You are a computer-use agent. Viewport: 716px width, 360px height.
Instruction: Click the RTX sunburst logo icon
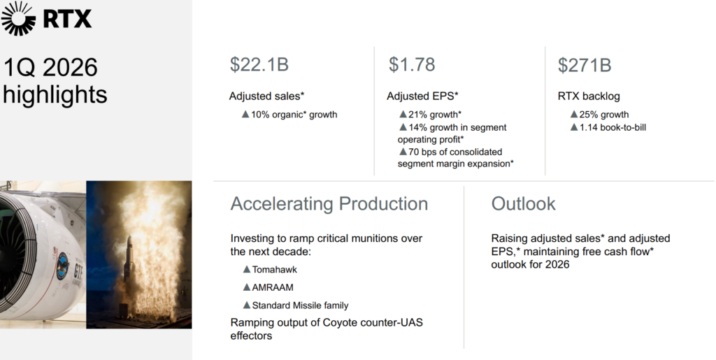coord(18,18)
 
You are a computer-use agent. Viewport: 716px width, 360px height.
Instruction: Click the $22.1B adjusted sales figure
coord(259,64)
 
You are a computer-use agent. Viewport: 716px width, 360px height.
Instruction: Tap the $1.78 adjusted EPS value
coord(412,64)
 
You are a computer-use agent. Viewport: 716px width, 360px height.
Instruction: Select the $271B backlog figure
coord(585,65)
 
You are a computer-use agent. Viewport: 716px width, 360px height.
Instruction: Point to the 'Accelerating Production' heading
coord(329,203)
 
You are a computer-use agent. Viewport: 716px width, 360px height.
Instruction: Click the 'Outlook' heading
coord(523,203)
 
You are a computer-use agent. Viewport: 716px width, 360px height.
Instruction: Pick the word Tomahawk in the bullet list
coord(274,270)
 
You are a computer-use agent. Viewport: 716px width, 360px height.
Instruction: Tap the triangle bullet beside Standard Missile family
coord(247,305)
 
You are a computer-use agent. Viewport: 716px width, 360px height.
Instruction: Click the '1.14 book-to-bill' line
coord(613,127)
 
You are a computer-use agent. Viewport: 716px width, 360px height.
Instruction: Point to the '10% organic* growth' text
coord(294,115)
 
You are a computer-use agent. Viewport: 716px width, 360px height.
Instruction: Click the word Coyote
coord(340,322)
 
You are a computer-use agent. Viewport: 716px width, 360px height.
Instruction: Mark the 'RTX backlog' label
coord(589,96)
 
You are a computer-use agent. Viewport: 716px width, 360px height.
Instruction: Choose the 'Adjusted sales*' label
coord(266,96)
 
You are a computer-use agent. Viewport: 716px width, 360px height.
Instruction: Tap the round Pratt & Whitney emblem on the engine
coord(62,266)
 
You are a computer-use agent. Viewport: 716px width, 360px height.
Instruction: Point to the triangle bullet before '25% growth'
coord(574,114)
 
